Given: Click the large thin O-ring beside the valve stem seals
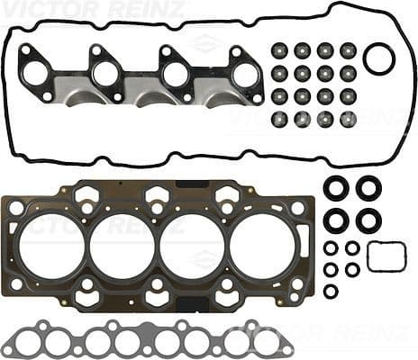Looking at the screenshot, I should click(379, 59).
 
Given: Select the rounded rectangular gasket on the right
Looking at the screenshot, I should click(386, 256).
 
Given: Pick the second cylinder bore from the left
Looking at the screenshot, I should click(123, 244).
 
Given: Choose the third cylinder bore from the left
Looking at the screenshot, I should click(192, 244).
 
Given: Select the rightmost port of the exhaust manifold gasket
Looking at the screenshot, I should click(245, 75).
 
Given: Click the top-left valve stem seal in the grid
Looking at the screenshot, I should click(279, 50).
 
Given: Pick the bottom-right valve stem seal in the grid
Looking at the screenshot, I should click(347, 118).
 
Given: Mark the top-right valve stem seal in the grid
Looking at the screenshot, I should click(347, 50).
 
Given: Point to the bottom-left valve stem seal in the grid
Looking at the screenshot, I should click(279, 118).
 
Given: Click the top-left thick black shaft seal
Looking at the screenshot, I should click(337, 188).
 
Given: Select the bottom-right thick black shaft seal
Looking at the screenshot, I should click(368, 220).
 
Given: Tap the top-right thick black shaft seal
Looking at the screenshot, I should click(368, 188).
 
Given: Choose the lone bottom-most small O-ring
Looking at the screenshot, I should click(332, 290).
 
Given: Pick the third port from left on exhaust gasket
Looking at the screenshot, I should click(176, 74).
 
